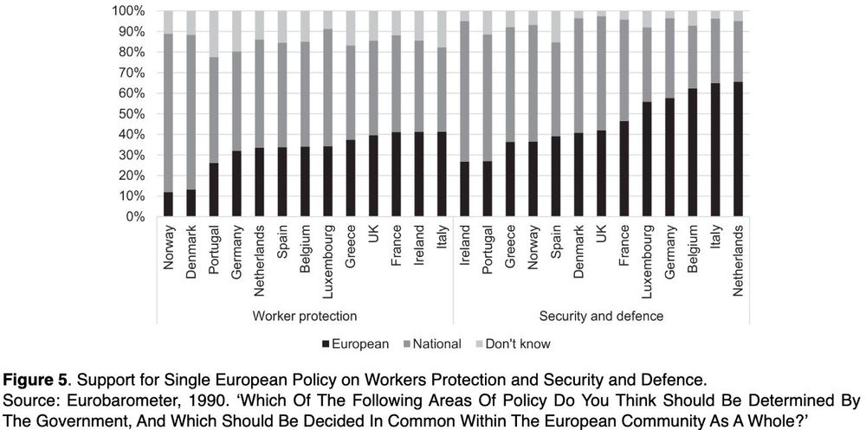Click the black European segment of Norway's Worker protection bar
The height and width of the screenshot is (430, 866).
[x=168, y=205]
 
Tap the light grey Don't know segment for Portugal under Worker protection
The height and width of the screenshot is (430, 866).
[x=214, y=34]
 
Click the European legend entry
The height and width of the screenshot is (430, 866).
[x=358, y=343]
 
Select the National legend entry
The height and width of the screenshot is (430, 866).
[x=430, y=343]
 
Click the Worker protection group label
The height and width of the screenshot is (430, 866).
[x=304, y=316]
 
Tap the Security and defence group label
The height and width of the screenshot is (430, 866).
[x=601, y=316]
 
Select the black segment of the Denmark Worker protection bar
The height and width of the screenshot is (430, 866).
[x=191, y=203]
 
